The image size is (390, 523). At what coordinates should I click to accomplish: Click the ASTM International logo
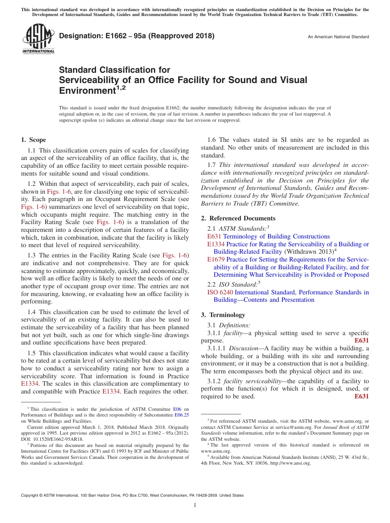[38, 39]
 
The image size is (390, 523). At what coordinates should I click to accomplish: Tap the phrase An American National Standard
[338, 37]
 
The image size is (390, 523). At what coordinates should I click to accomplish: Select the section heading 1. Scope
[34, 140]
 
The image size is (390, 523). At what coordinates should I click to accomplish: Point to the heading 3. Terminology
[223, 315]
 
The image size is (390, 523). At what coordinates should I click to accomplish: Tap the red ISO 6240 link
[220, 292]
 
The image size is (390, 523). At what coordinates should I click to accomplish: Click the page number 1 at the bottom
[195, 505]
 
